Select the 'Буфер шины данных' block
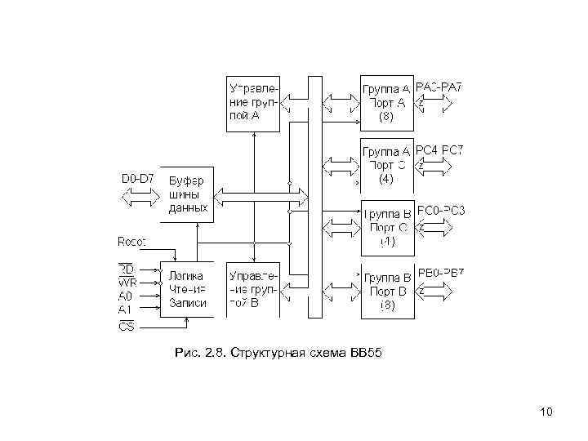click(x=189, y=195)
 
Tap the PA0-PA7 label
click(x=439, y=87)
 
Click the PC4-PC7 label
click(x=439, y=150)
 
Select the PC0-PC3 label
click(x=440, y=212)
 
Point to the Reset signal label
click(x=132, y=242)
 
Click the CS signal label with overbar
click(x=127, y=327)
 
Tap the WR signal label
click(x=127, y=284)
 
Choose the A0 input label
click(x=125, y=297)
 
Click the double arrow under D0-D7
click(x=141, y=196)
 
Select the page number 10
click(x=546, y=412)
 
